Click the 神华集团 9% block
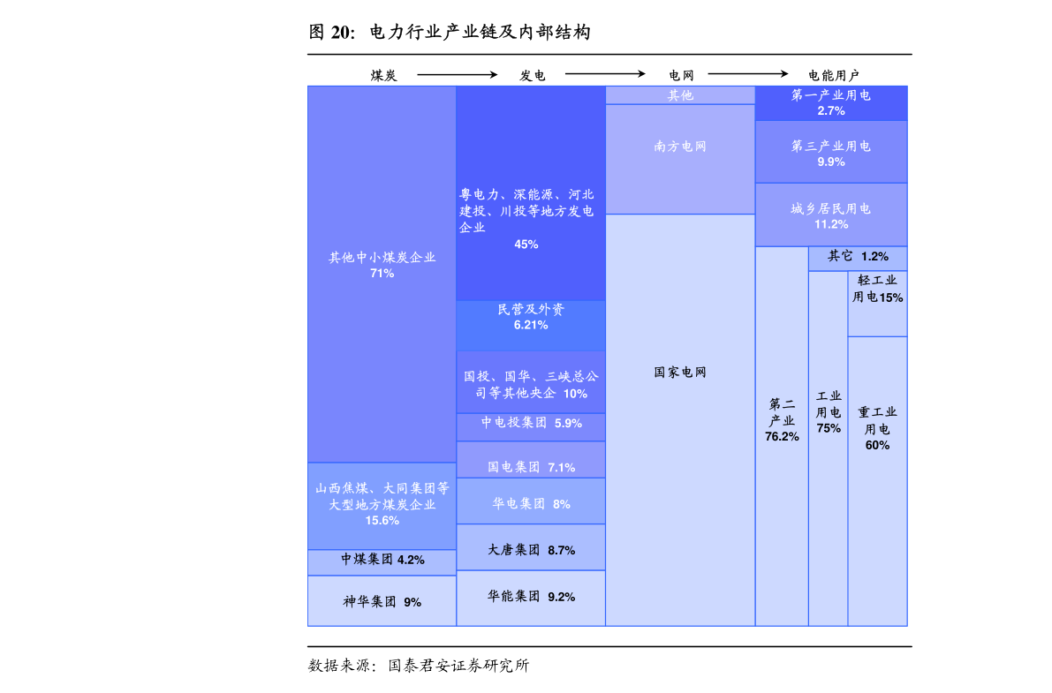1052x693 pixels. click(x=382, y=601)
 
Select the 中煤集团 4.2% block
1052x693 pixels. click(x=382, y=562)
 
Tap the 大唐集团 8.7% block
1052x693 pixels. click(x=531, y=547)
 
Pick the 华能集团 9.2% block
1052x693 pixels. click(x=531, y=599)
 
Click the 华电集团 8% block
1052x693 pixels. click(x=531, y=501)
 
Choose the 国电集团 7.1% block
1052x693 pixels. click(x=531, y=460)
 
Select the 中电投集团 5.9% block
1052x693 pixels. click(x=531, y=426)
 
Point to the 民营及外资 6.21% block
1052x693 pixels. click(x=531, y=326)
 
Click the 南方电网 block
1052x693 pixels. click(x=680, y=159)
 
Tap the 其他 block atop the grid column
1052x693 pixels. click(x=680, y=95)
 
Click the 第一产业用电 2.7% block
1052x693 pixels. click(x=831, y=103)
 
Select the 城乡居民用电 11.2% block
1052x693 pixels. click(x=831, y=215)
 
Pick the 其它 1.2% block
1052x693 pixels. click(x=858, y=259)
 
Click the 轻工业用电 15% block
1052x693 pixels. click(x=878, y=304)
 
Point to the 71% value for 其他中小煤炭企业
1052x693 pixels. click(x=382, y=273)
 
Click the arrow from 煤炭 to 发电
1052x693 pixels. click(x=457, y=74)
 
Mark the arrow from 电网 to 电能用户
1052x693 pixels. click(x=748, y=74)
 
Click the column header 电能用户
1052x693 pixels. click(x=833, y=75)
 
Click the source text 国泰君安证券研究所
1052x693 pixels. click(x=459, y=666)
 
